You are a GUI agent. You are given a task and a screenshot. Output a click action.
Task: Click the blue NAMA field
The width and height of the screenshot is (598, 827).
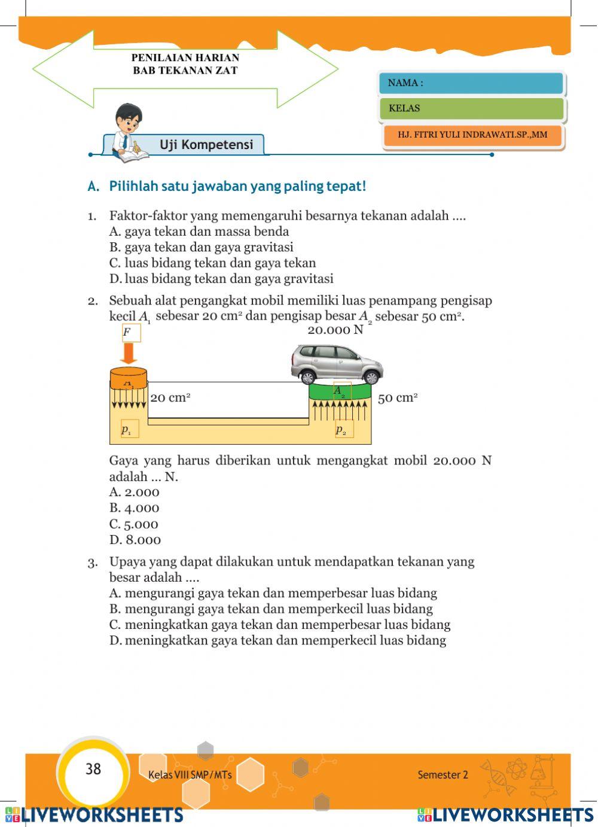471,83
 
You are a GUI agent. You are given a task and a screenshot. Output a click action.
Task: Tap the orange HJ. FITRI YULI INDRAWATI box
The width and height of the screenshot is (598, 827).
472,135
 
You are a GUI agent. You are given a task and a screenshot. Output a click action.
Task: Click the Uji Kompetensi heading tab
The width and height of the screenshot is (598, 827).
206,145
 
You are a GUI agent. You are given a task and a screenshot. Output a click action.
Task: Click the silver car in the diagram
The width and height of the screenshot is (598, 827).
337,364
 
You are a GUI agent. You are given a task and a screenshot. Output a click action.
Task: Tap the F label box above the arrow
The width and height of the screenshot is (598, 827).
131,333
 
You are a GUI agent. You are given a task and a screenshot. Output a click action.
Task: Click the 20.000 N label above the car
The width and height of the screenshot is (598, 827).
335,330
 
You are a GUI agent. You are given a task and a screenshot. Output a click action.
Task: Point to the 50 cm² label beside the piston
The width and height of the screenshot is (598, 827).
398,398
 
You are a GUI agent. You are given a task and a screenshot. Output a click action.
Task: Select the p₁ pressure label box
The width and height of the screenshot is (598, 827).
129,429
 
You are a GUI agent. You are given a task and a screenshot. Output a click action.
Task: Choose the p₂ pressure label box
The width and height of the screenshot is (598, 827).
343,429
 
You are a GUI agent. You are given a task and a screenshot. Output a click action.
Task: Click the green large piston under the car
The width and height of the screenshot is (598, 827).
339,393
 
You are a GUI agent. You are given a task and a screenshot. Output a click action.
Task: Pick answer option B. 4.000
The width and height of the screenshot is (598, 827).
135,508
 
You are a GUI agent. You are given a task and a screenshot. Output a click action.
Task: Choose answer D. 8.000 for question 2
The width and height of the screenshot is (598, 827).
135,540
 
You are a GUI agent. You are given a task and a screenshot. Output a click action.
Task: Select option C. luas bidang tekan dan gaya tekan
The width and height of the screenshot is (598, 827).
212,263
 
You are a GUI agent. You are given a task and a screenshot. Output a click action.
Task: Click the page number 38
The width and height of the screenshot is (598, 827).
93,769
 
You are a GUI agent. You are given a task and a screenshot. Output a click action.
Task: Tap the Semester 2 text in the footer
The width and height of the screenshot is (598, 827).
443,775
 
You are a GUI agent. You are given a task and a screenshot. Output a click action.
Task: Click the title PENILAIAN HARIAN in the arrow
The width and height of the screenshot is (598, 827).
185,58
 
